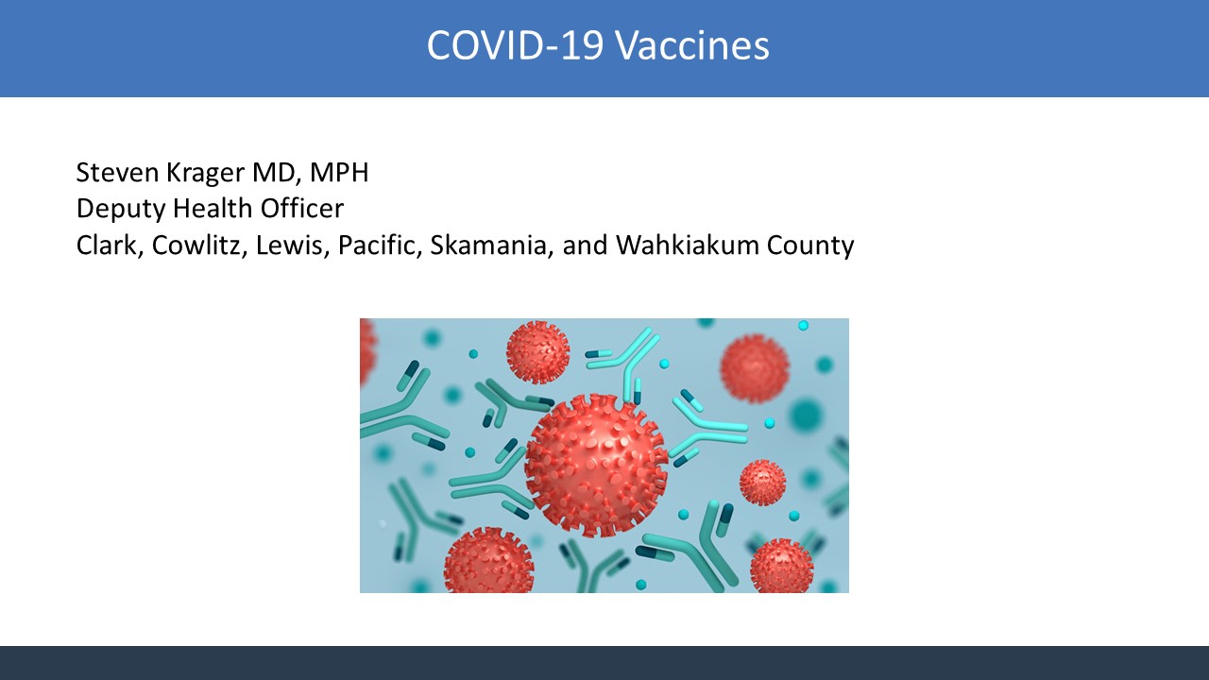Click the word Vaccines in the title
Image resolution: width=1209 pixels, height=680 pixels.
click(692, 44)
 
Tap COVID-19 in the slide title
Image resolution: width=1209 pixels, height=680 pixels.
click(515, 44)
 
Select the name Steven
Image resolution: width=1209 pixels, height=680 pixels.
click(118, 172)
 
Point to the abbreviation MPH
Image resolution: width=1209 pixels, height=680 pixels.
click(339, 172)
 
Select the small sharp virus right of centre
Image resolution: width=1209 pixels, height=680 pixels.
click(762, 483)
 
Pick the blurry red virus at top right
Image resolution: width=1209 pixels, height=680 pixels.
click(755, 368)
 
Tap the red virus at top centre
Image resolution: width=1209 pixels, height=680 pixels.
click(537, 352)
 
